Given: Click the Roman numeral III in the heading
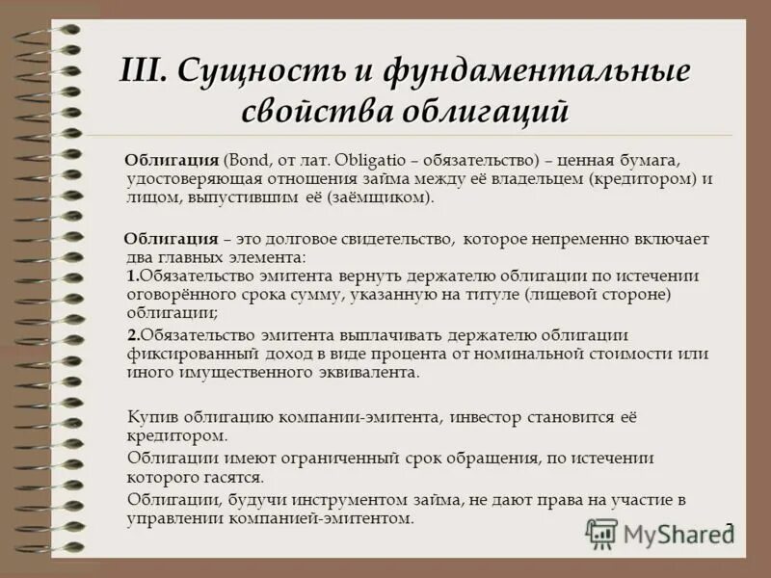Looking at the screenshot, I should (144, 72).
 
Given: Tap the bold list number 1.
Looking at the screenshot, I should (132, 276).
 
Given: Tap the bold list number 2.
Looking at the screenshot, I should (133, 334).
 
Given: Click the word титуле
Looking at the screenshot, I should (492, 294).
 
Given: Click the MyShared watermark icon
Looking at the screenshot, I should (602, 533).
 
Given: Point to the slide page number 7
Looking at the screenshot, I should (729, 528).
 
